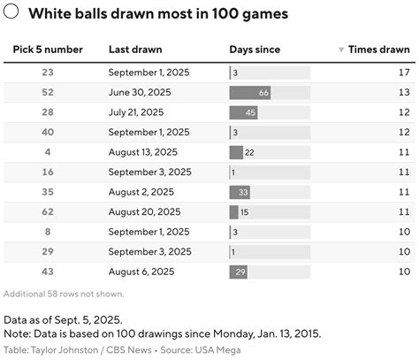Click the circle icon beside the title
pyautogui.click(x=11, y=14)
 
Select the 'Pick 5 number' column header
pyautogui.click(x=48, y=50)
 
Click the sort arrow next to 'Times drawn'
pyautogui.click(x=341, y=50)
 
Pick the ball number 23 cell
pyautogui.click(x=48, y=72)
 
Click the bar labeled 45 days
pyautogui.click(x=244, y=112)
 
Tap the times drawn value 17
pyautogui.click(x=404, y=72)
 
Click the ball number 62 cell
pyautogui.click(x=48, y=211)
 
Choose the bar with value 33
pyautogui.click(x=240, y=192)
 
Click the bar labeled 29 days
pyautogui.click(x=239, y=272)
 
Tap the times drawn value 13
pyautogui.click(x=404, y=92)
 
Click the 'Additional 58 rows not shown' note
pyautogui.click(x=64, y=294)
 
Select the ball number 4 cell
pyautogui.click(x=48, y=152)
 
